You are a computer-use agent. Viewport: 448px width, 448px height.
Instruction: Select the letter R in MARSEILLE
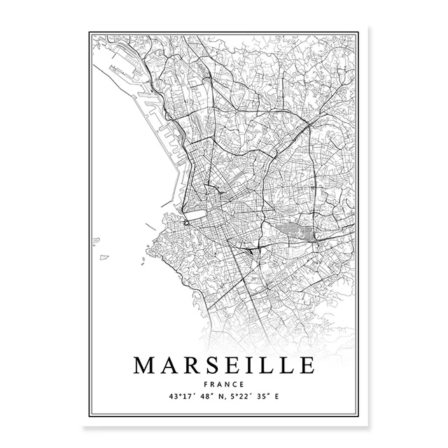[x=194, y=365]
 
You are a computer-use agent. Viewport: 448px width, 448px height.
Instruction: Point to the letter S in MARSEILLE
[x=213, y=365]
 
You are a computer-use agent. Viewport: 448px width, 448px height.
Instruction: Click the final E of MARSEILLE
[x=306, y=365]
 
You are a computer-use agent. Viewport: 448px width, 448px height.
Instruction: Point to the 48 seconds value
[x=205, y=397]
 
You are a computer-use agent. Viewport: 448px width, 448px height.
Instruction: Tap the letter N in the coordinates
[x=220, y=397]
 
